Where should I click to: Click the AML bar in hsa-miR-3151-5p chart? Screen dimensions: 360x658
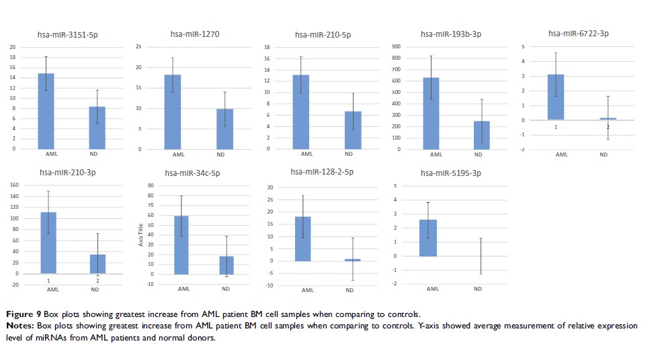point(46,111)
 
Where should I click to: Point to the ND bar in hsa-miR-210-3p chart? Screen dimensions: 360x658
point(97,264)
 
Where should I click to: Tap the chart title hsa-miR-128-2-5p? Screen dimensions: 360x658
point(322,172)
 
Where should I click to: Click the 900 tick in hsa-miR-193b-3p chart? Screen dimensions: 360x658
point(396,46)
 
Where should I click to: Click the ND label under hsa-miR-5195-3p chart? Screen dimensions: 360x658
point(478,289)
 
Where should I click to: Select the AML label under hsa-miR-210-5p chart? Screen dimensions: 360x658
point(306,154)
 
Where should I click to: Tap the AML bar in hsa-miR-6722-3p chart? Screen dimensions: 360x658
point(556,97)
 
